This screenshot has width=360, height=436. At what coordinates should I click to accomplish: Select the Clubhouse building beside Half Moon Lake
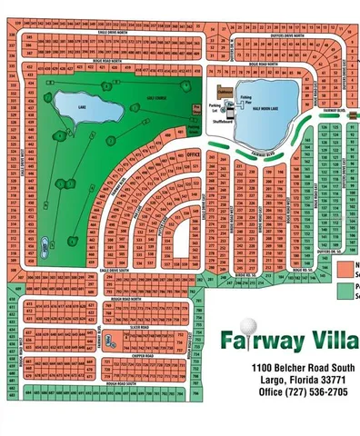pyautogui.click(x=225, y=92)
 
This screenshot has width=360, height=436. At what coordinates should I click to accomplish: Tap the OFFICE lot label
pyautogui.click(x=192, y=155)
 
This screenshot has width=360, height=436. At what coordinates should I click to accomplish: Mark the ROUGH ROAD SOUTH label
pyautogui.click(x=121, y=384)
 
